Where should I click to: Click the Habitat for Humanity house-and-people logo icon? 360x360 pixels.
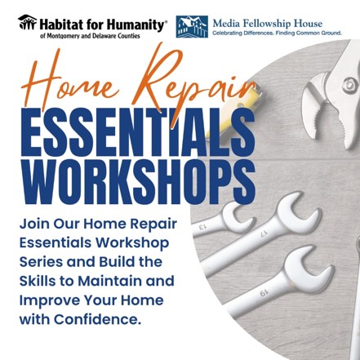[27, 22]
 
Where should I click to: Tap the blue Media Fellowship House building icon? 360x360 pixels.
[192, 26]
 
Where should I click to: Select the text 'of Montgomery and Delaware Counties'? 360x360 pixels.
[90, 36]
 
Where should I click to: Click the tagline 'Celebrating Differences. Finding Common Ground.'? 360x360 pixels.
[277, 33]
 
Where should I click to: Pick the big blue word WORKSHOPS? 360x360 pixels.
[139, 181]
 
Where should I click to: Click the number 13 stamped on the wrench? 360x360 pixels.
[204, 227]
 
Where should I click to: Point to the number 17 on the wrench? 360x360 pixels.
[263, 233]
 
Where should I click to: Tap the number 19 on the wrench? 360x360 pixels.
[263, 293]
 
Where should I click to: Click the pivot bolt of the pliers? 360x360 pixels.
[349, 85]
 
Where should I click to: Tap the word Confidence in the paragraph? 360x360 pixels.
[97, 319]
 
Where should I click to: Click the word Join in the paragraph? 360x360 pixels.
[34, 224]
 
